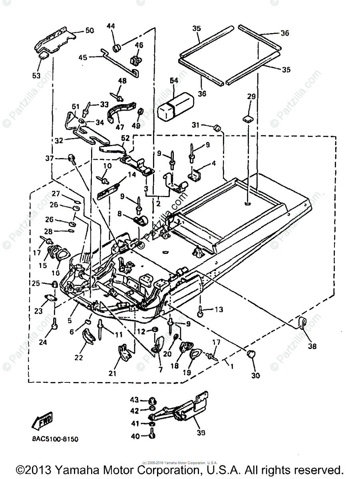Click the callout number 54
click(175, 81)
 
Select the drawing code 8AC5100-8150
click(55, 439)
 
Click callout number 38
click(312, 346)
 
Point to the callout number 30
click(255, 375)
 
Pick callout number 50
click(89, 30)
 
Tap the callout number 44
click(111, 26)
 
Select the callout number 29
click(251, 97)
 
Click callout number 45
click(83, 57)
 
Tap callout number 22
click(79, 358)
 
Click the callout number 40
click(135, 436)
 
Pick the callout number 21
click(112, 373)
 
